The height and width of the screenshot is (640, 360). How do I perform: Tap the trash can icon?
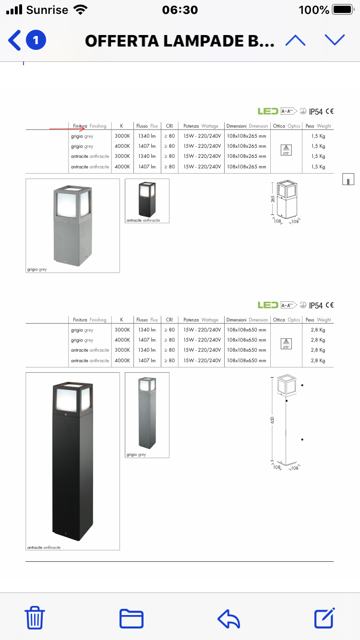pos(35,618)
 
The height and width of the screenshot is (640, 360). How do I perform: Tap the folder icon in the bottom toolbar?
pos(131,618)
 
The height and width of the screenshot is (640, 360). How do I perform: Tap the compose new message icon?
pos(324,618)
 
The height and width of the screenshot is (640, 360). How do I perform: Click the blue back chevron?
pos(14,40)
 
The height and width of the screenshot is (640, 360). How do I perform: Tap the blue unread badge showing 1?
pos(36,40)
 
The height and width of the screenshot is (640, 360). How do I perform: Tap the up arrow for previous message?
pos(295,40)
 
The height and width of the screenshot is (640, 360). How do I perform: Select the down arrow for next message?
pos(335,40)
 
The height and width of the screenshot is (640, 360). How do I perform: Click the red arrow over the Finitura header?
pos(68,129)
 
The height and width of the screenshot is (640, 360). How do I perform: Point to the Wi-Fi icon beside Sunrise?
pos(80,10)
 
